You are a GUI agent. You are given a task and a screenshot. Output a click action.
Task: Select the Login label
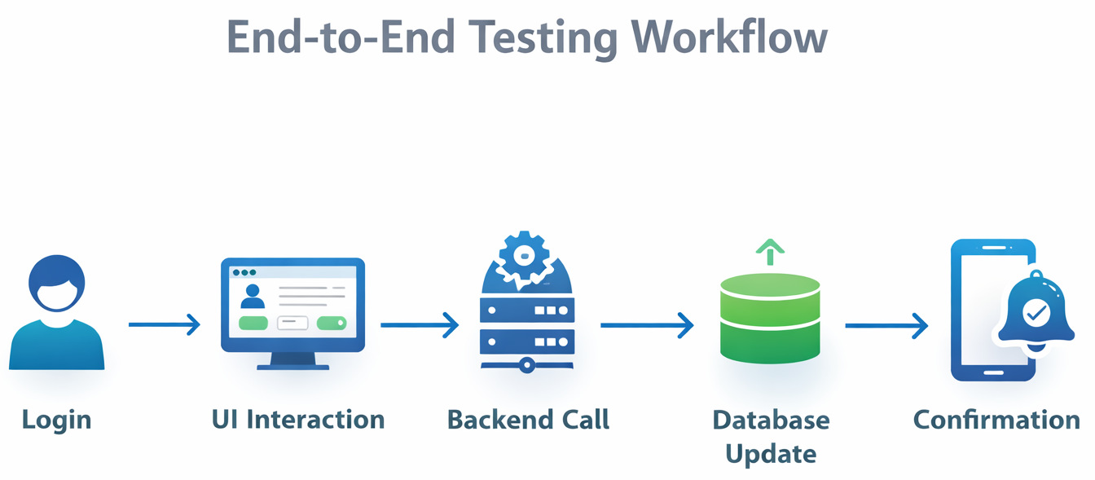pyautogui.click(x=56, y=420)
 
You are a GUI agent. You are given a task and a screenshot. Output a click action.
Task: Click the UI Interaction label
pyautogui.click(x=298, y=420)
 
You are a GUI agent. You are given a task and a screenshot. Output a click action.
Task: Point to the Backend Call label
pyautogui.click(x=528, y=420)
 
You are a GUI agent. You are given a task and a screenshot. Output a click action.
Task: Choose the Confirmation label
pyautogui.click(x=996, y=420)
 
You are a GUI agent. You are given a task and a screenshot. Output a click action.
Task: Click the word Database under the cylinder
pyautogui.click(x=771, y=420)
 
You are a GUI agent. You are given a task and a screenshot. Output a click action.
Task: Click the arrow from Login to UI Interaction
pyautogui.click(x=164, y=325)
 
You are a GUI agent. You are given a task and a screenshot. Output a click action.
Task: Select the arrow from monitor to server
pyautogui.click(x=420, y=325)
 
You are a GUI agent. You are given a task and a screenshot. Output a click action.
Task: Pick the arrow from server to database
pyautogui.click(x=647, y=325)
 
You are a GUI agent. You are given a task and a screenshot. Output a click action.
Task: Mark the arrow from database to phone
pyautogui.click(x=886, y=326)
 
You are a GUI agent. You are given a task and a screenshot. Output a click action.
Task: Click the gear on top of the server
pyautogui.click(x=519, y=256)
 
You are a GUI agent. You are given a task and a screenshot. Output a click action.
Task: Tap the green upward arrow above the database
pyautogui.click(x=769, y=251)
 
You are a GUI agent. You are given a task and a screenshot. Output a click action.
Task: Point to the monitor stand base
pyautogui.click(x=293, y=365)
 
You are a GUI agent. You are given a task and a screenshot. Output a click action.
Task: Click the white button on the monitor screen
pyautogui.click(x=292, y=323)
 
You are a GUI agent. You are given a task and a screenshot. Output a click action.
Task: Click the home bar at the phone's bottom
pyautogui.click(x=993, y=372)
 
